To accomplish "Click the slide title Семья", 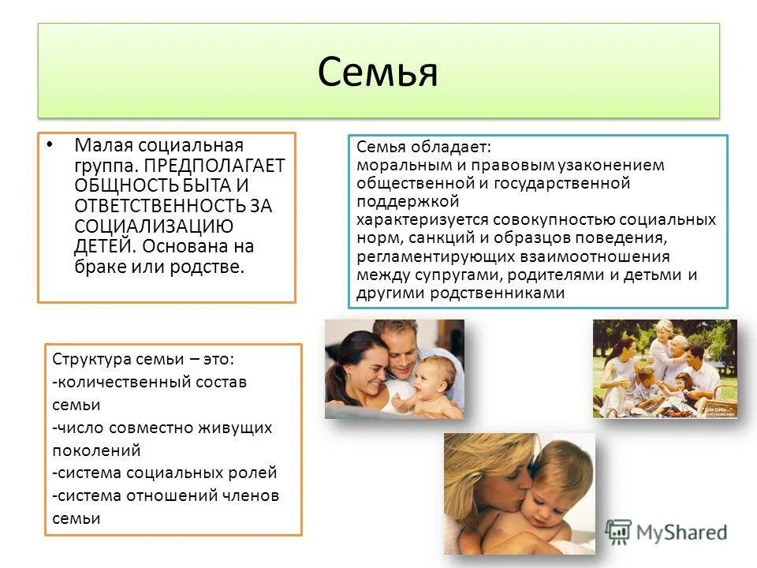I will click(x=378, y=73).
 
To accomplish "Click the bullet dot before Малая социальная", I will click(x=50, y=144).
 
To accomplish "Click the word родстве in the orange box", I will click(x=213, y=267).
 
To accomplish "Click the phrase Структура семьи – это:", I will click(x=143, y=359).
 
